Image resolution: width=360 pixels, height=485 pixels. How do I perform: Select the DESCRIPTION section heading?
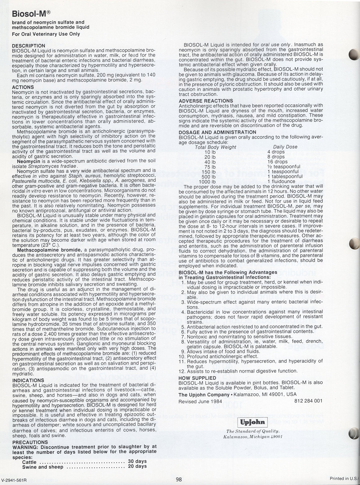coord(29,46)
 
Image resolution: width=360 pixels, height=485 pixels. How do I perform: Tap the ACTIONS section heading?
coord(23,87)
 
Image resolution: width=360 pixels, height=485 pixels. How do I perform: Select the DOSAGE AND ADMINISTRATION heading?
coord(217,132)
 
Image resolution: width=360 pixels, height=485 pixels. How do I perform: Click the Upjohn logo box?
coord(251,422)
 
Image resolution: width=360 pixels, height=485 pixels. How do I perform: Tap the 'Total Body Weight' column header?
coord(215,147)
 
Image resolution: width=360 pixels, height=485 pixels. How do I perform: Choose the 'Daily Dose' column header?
coord(285,147)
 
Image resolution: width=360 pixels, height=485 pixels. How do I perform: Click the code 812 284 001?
coord(308,401)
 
